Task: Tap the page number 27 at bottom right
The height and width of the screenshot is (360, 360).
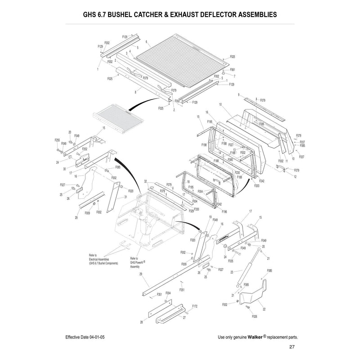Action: point(292,347)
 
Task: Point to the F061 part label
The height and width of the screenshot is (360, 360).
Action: point(232,70)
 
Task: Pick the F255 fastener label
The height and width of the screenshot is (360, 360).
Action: point(57,140)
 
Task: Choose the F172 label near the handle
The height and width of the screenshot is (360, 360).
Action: point(195,306)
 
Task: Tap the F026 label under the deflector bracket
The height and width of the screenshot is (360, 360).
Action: point(255,317)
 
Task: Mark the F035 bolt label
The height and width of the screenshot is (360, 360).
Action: point(230,261)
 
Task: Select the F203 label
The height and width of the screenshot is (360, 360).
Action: point(257,185)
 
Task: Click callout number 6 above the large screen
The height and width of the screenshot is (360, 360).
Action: point(147,41)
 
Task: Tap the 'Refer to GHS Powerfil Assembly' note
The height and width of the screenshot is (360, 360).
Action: point(137,263)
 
